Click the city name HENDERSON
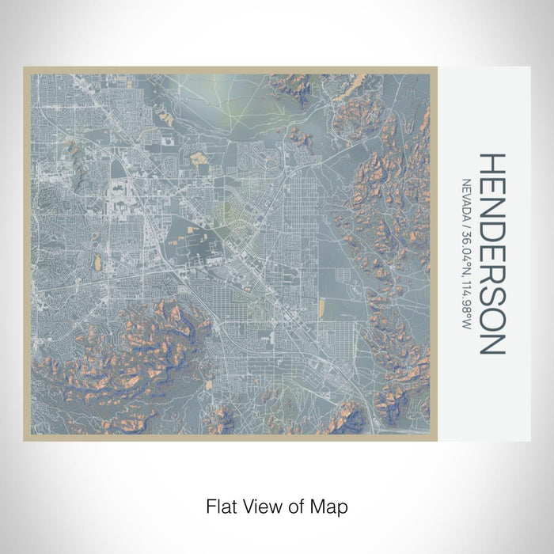pos(491,253)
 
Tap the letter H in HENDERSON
pos(491,164)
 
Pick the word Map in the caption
pos(330,505)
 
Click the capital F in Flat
pos(211,505)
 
